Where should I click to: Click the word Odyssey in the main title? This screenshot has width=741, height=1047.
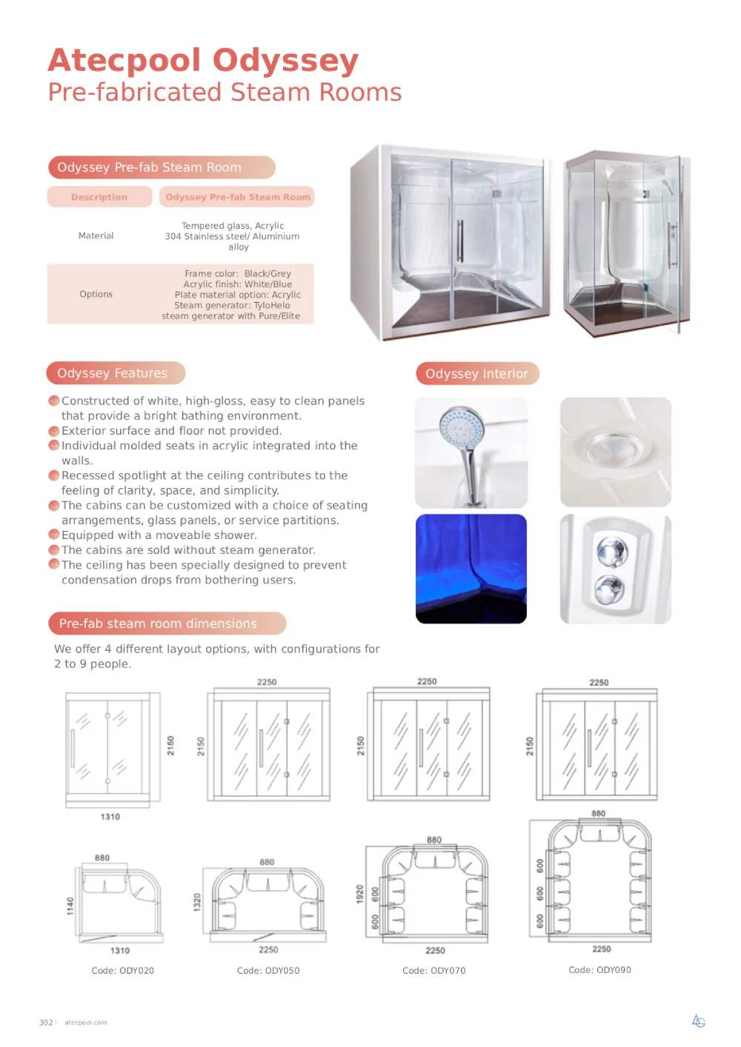285,61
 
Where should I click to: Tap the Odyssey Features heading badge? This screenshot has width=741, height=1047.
116,373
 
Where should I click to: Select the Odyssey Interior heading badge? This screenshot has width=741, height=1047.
477,373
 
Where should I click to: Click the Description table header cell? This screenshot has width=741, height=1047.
99,197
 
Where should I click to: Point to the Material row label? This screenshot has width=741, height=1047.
96,235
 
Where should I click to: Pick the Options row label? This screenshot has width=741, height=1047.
96,294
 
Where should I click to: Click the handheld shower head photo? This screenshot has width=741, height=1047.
471,452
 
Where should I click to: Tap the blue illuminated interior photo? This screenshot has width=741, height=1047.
471,569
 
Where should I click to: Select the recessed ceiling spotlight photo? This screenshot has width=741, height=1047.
616,452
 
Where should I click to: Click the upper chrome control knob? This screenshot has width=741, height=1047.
612,552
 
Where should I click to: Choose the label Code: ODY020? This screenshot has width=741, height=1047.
122,970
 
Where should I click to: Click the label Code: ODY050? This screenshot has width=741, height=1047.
268,970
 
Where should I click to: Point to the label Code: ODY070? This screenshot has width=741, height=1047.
434,970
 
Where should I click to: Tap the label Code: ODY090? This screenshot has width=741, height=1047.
599,970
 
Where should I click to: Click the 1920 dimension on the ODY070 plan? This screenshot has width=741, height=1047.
359,894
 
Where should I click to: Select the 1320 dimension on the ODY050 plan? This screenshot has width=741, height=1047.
197,902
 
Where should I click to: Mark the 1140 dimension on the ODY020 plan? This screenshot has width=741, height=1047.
70,906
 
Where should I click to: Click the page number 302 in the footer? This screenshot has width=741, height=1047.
46,1023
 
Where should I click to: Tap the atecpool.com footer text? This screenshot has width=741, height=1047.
86,1023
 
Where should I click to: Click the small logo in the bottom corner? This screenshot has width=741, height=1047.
699,1021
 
